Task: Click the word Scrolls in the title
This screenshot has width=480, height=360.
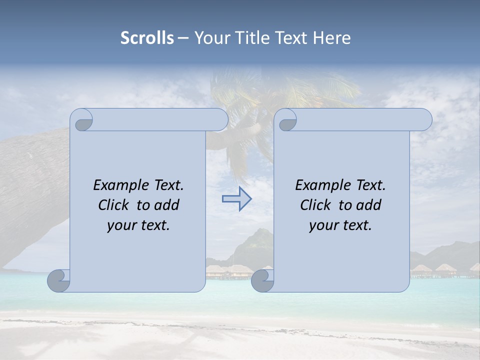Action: point(147,38)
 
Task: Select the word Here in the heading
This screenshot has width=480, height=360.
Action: point(331,38)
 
